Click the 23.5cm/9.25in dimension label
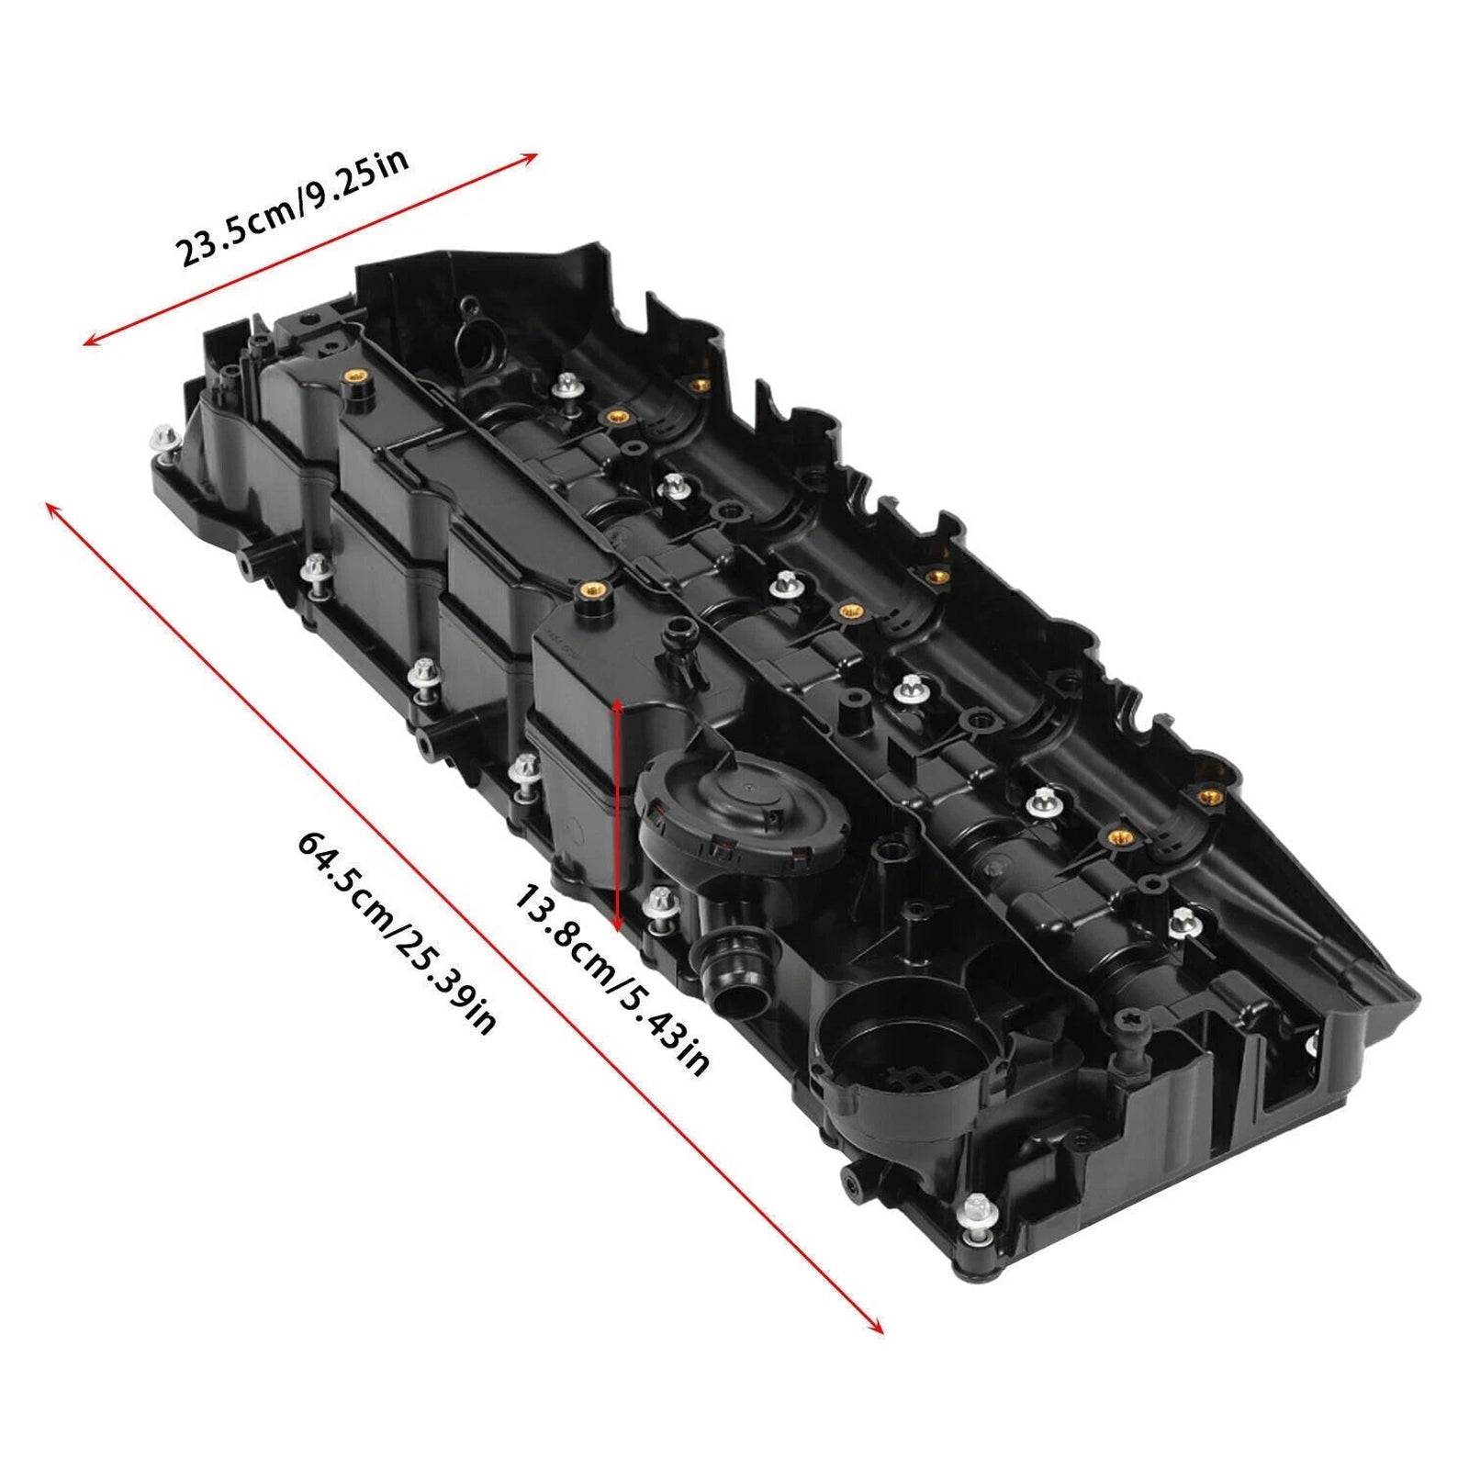click(291, 208)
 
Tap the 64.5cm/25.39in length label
click(397, 933)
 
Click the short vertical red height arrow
click(618, 813)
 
